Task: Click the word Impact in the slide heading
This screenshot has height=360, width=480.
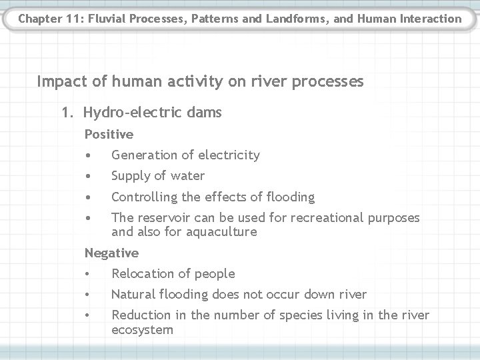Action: pos(59,81)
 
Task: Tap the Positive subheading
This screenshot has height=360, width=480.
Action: pos(109,135)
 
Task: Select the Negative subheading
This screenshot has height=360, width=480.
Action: pos(111,253)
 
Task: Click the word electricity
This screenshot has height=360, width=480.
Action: pos(226,155)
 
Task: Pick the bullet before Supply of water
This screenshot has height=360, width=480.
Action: pos(88,176)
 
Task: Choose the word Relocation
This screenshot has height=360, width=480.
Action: pos(141,274)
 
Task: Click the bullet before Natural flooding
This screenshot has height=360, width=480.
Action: pos(88,295)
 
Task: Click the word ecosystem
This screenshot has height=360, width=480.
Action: pos(142,330)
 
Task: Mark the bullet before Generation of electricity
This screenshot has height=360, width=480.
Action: pos(88,155)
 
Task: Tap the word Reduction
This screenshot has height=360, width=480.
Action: pos(140,315)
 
